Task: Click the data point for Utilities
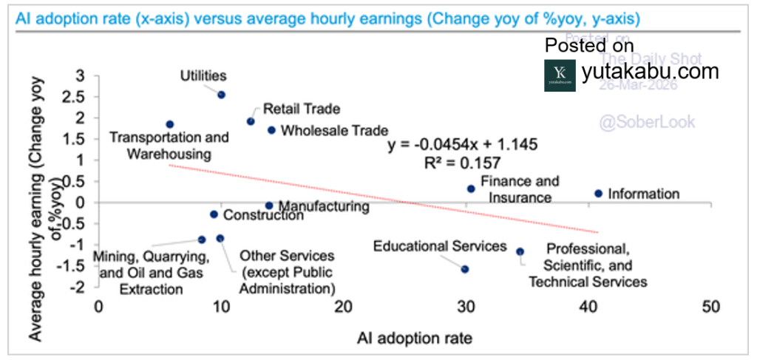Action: (221, 95)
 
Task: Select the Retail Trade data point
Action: (251, 121)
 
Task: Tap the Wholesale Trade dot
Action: (271, 130)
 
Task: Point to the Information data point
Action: (598, 194)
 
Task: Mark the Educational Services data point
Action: (465, 269)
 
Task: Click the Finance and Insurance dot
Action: (471, 189)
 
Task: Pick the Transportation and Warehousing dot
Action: (170, 124)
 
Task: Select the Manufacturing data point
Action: (269, 206)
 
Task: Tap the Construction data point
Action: (214, 214)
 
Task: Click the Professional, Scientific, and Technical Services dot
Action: (520, 251)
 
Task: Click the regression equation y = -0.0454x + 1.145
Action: (463, 144)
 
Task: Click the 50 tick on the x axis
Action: (711, 306)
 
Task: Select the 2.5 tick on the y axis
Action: (77, 97)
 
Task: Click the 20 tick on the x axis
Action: (342, 306)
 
